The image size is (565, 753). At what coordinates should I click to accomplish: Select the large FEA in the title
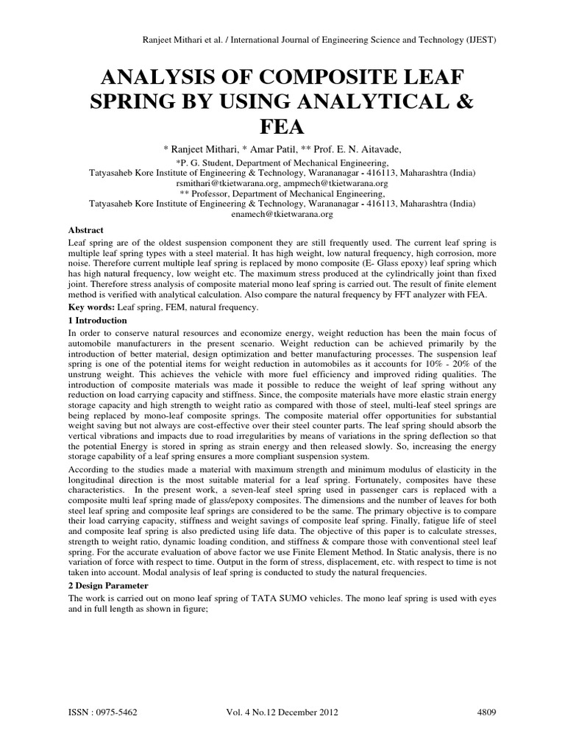[282, 127]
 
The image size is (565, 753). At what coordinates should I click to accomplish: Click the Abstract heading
[87, 229]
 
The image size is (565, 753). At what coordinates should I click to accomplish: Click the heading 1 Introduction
[97, 321]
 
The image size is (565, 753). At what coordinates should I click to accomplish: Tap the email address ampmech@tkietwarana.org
[336, 183]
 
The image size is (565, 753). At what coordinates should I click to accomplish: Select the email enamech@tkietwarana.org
[282, 214]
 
